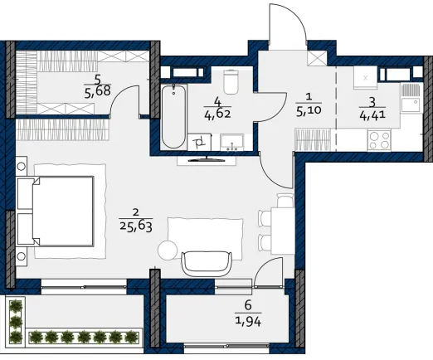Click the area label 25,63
coord(136,226)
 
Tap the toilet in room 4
coord(231,82)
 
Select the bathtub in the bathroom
coord(173,117)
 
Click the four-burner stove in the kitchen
coord(379,140)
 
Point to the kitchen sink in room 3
coord(411,97)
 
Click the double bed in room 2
coord(56,212)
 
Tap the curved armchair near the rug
coord(207,264)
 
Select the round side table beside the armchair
coord(168,251)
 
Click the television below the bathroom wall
coord(207,159)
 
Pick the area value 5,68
coord(98,91)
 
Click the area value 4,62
coord(217,114)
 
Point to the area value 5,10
coord(309,110)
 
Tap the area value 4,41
coord(372,114)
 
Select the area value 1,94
coord(248,321)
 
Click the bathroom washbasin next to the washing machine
coord(231,143)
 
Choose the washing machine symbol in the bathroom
coord(199,143)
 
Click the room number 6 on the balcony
coord(248,305)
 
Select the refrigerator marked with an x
coord(365,78)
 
